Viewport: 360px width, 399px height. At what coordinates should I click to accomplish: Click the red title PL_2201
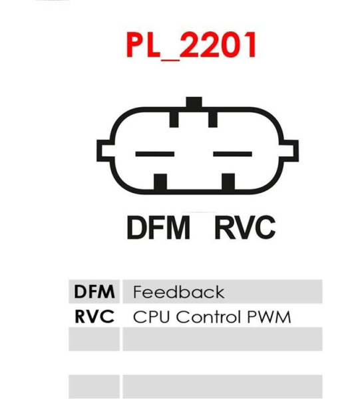[x=191, y=45]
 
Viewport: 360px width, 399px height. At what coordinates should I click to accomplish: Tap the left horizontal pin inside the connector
[x=155, y=154]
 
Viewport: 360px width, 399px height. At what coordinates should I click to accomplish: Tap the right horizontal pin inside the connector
[x=232, y=154]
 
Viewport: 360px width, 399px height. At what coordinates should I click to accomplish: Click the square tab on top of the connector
[x=194, y=102]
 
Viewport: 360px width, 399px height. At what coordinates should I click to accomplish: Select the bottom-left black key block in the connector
[x=160, y=182]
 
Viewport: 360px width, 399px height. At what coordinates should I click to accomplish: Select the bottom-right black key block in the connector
[x=228, y=182]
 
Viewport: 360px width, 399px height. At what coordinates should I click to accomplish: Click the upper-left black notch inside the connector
[x=174, y=118]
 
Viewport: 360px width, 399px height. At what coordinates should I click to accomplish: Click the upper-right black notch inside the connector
[x=213, y=118]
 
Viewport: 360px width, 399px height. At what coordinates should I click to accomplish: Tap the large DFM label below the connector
[x=158, y=227]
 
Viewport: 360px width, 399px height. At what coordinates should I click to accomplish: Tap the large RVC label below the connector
[x=245, y=227]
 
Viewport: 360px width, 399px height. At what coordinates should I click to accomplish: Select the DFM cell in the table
[x=94, y=292]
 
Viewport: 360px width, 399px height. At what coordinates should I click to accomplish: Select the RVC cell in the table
[x=94, y=317]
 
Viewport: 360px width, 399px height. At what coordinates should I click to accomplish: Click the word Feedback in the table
[x=179, y=292]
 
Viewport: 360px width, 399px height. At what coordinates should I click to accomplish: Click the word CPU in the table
[x=151, y=317]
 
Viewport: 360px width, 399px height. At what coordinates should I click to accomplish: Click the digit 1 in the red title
[x=250, y=45]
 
